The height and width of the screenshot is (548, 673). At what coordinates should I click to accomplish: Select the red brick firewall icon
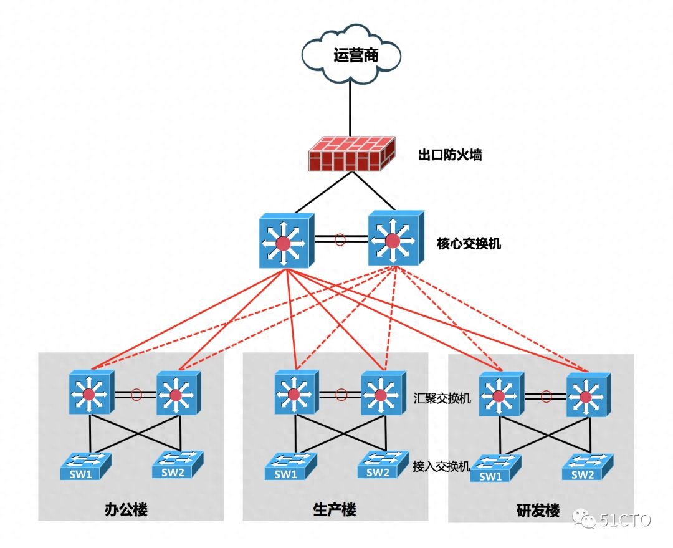(353, 153)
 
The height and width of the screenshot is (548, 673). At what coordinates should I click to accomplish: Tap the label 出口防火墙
(449, 155)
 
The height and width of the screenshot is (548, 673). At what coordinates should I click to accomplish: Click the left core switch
(285, 241)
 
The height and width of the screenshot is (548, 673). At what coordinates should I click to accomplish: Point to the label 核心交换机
(469, 244)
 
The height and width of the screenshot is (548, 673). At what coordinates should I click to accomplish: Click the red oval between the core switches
(340, 239)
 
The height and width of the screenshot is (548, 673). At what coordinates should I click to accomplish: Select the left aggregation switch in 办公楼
(91, 392)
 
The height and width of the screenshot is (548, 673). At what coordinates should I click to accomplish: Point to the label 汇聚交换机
(442, 398)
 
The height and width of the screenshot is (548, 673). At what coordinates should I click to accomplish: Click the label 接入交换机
(440, 466)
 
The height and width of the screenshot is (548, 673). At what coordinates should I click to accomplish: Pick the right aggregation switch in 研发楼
(587, 395)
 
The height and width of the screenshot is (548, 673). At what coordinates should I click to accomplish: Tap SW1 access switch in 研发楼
(495, 469)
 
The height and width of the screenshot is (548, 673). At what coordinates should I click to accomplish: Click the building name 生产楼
(335, 510)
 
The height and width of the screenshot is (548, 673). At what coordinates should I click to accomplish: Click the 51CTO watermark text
(624, 519)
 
